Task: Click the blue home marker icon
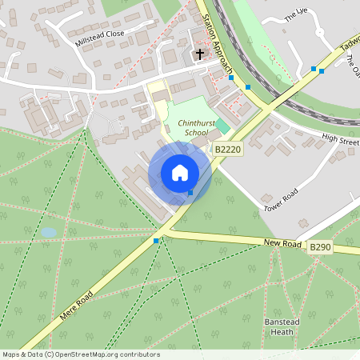coord(180,172)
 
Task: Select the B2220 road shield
coord(228,149)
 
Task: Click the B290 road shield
coord(320,249)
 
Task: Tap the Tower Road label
coord(281,200)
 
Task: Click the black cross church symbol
coord(199,54)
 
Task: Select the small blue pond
coord(49,232)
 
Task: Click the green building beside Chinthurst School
coord(222,126)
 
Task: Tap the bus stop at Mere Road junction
coord(156,240)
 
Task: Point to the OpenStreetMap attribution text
coord(80,354)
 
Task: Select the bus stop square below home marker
coord(190,192)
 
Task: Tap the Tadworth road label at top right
coord(349,45)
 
